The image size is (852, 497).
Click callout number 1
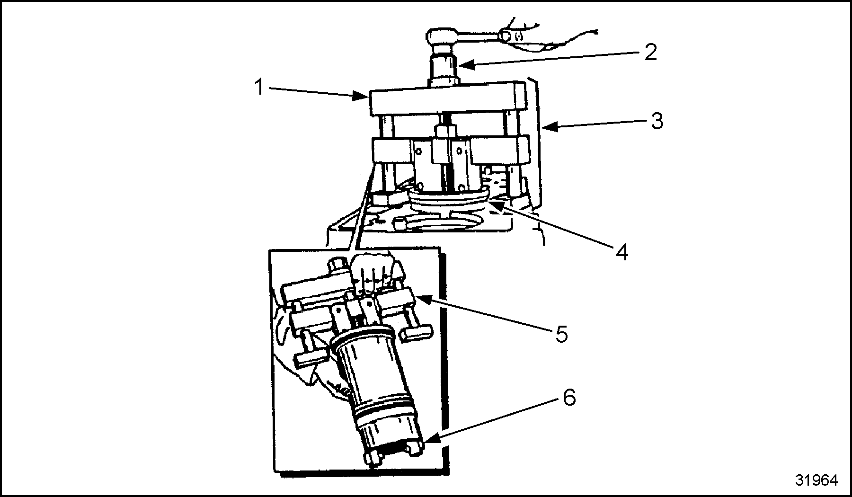(x=258, y=87)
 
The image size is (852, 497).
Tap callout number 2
(x=651, y=52)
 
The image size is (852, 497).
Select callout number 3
(x=657, y=121)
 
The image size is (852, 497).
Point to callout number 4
(x=622, y=253)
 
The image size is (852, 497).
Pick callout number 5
(x=561, y=335)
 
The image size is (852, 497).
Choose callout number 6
(x=569, y=398)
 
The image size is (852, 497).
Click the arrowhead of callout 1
(x=365, y=98)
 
